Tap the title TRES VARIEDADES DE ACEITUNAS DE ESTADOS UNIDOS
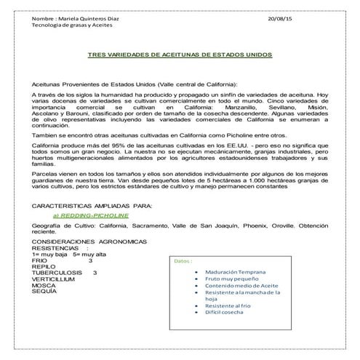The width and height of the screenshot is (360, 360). [180, 55]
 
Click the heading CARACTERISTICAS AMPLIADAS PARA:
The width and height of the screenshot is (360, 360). [92, 207]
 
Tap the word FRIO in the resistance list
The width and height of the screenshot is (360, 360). [40, 260]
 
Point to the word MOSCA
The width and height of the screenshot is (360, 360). [44, 286]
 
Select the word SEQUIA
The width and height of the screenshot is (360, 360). [44, 292]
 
